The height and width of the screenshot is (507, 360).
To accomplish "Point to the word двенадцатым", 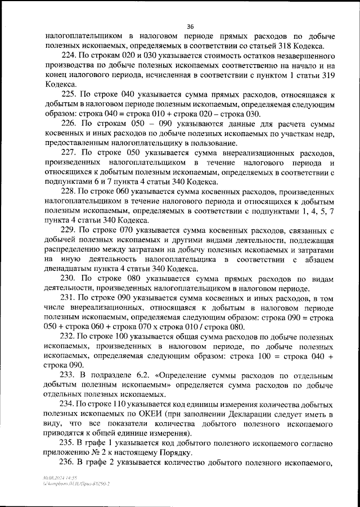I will [69, 269].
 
